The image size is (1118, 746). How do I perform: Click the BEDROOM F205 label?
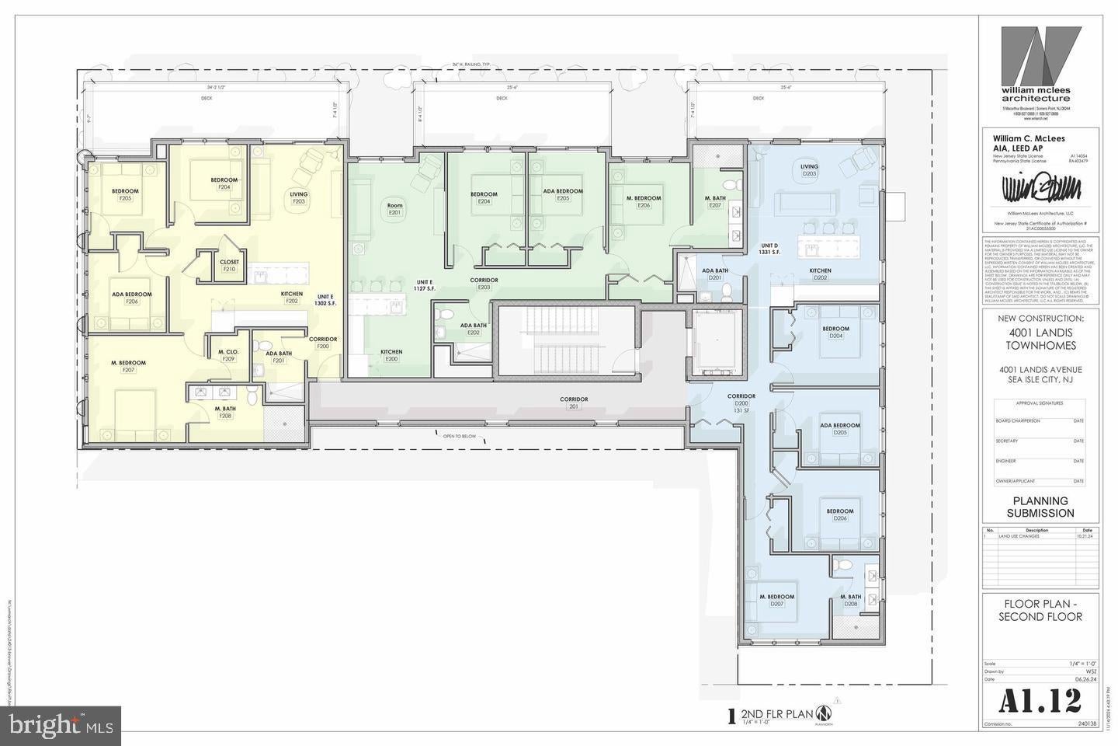point(125,194)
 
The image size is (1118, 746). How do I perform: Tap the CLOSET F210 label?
point(229,265)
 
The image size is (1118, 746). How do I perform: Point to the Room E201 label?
point(394,208)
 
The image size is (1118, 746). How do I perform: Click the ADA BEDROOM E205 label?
point(563,194)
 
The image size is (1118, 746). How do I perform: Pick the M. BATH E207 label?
point(714,201)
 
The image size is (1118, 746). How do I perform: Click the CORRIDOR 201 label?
point(574,402)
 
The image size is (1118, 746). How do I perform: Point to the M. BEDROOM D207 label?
point(776,600)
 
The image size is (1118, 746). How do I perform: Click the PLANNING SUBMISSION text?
point(1040,507)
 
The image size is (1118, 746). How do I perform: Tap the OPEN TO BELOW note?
point(459,437)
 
